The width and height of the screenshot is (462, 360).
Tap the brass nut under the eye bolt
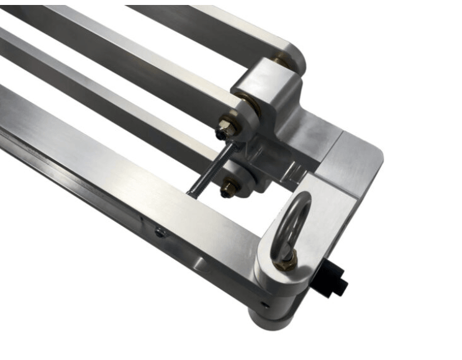pos(287,263)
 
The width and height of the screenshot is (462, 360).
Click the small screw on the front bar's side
pos(161,233)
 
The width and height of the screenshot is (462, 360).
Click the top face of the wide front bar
pos(124,168)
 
